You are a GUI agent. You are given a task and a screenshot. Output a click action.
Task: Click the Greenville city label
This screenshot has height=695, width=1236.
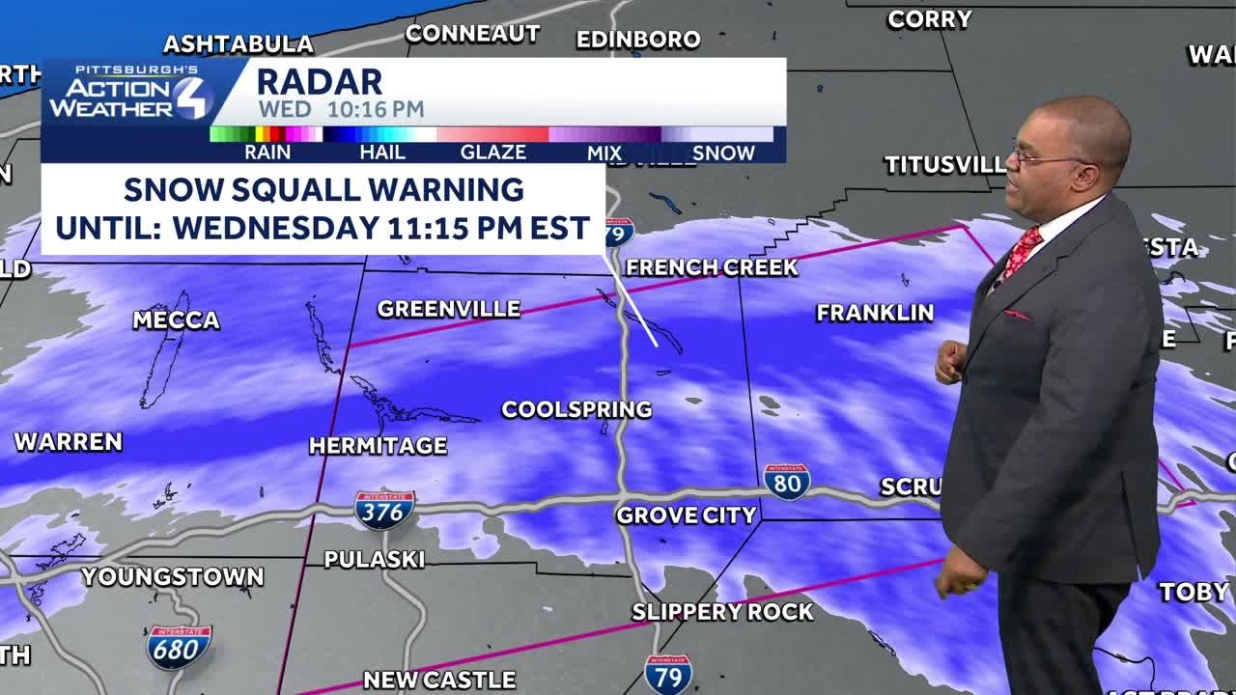pyautogui.click(x=448, y=309)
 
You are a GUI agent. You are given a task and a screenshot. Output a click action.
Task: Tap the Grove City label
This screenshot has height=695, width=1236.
pyautogui.click(x=686, y=515)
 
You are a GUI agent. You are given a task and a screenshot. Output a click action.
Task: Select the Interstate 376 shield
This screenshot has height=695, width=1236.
pyautogui.click(x=384, y=510)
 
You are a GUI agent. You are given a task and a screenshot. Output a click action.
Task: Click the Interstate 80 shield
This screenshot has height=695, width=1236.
pyautogui.click(x=786, y=482)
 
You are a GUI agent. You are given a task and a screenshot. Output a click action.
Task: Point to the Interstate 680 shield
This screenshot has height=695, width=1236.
pyautogui.click(x=179, y=647)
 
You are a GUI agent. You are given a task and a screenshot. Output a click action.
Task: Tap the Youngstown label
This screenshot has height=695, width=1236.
pyautogui.click(x=173, y=577)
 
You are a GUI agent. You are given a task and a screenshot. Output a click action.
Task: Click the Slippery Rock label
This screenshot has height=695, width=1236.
pyautogui.click(x=722, y=611)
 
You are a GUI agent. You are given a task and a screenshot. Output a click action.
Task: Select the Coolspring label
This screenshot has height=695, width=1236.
pyautogui.click(x=576, y=409)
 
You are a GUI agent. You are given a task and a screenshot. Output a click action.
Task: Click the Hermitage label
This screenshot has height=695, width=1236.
pyautogui.click(x=378, y=446)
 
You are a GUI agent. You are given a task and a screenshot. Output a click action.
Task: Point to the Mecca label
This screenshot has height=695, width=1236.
pyautogui.click(x=176, y=320)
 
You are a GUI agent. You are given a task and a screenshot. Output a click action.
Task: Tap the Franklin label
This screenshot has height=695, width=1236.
pyautogui.click(x=875, y=312)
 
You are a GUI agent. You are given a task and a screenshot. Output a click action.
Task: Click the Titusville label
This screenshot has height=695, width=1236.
pyautogui.click(x=944, y=165)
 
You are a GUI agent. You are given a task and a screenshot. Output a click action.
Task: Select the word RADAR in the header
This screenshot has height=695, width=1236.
pyautogui.click(x=320, y=82)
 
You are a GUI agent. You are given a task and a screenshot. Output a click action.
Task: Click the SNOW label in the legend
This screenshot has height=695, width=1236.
pyautogui.click(x=723, y=153)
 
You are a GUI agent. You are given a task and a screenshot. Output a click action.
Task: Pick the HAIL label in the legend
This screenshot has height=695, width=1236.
pyautogui.click(x=382, y=153)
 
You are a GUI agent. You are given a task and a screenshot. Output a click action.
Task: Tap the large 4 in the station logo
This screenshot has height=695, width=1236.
pyautogui.click(x=192, y=97)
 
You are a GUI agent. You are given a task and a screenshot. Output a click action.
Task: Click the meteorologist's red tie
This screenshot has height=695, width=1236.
pyautogui.click(x=1020, y=252)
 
